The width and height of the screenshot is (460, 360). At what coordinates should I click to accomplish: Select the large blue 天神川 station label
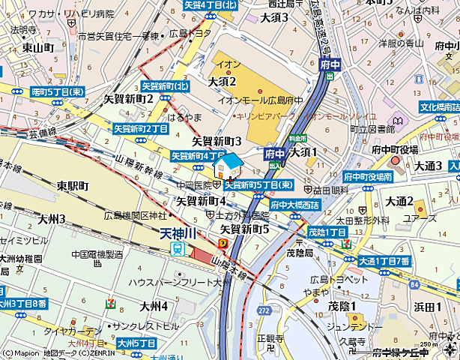pos(178,233)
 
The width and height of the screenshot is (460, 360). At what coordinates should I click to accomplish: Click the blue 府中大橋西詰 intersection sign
pos(295,204)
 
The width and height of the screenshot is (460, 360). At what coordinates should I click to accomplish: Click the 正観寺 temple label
pos(268,338)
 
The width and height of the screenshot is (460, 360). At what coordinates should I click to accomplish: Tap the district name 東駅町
pos(73,185)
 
